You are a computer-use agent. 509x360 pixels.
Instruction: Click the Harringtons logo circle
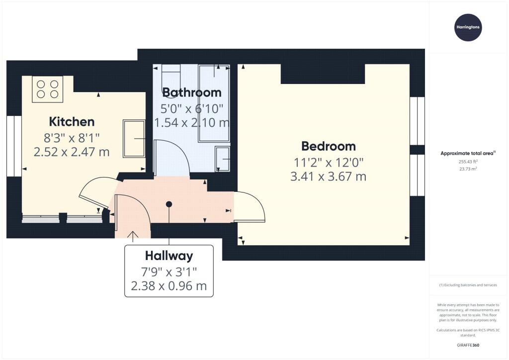[x=467, y=27]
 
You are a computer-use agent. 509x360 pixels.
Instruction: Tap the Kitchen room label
[x=72, y=122]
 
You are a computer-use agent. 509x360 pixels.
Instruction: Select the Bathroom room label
[x=192, y=92]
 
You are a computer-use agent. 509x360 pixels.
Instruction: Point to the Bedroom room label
[x=329, y=146]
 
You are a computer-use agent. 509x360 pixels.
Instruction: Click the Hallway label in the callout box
[x=169, y=256]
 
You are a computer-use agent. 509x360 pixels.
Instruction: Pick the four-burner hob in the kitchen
[x=48, y=89]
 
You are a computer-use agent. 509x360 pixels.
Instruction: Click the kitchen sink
[x=133, y=138]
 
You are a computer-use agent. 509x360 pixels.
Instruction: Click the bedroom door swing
[x=250, y=206]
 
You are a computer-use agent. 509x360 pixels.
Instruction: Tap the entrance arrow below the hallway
[x=133, y=236]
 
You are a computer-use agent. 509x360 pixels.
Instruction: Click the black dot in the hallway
[x=169, y=204]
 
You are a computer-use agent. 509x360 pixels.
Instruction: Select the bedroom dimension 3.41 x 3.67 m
[x=328, y=176]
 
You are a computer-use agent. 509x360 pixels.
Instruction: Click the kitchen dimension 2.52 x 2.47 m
[x=72, y=152]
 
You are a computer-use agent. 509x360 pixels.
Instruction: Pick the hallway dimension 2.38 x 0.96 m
[x=169, y=286]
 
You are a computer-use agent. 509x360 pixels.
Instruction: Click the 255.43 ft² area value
[x=468, y=162]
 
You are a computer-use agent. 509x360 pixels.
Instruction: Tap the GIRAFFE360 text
[x=467, y=345]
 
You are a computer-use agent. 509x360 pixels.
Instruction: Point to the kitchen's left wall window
[x=14, y=146]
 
